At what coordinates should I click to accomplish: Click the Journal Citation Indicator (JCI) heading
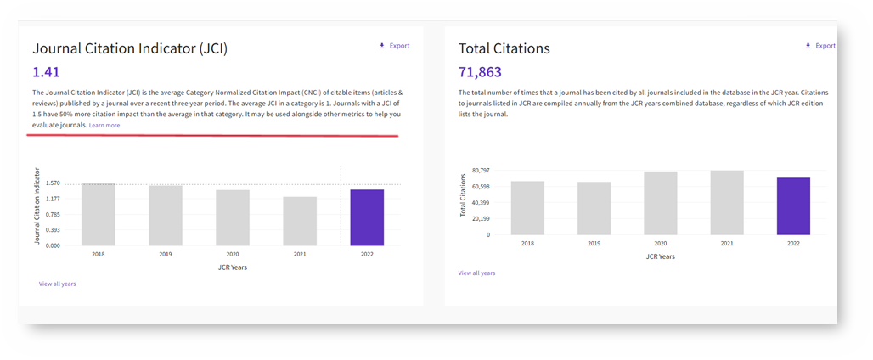click(130, 49)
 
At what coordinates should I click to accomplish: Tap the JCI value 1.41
click(46, 73)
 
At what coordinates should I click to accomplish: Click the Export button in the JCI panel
click(394, 46)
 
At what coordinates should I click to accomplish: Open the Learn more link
click(104, 126)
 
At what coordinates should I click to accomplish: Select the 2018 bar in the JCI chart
click(99, 215)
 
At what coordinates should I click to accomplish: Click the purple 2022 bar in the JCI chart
click(367, 217)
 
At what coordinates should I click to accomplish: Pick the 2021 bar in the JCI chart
click(300, 222)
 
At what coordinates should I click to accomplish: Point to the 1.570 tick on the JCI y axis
click(53, 183)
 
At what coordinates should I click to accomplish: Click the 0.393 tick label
click(53, 230)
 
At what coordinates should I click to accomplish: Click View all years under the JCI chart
click(57, 284)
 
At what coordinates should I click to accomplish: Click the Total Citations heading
click(504, 49)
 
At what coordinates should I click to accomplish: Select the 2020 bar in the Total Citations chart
click(660, 203)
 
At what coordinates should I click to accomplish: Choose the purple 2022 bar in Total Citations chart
click(793, 206)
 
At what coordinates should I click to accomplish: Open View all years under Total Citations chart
click(476, 273)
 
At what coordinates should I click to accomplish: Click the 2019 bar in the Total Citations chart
click(594, 208)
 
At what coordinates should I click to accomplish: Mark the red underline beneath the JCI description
click(212, 134)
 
